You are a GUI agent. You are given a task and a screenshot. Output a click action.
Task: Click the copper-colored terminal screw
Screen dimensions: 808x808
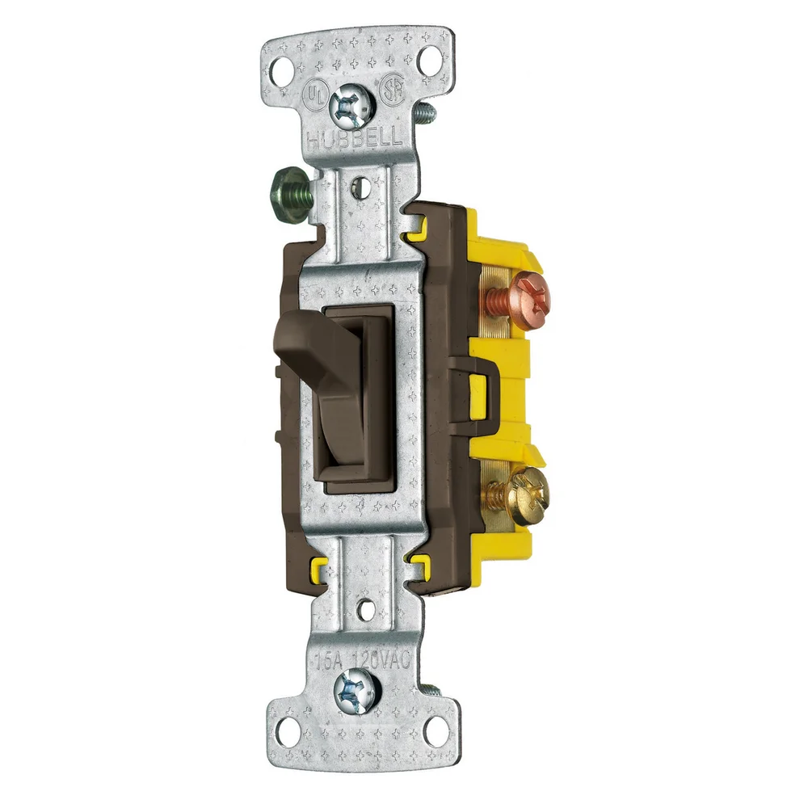click(519, 291)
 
